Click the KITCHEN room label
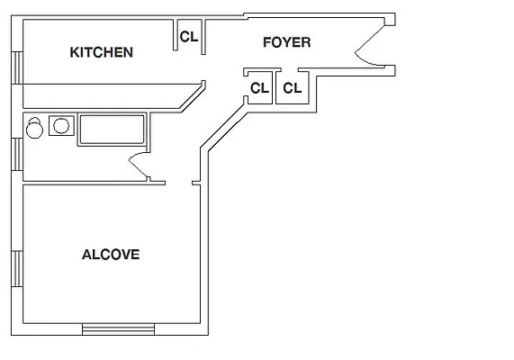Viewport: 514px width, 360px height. (102, 52)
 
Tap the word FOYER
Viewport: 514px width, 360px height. (287, 42)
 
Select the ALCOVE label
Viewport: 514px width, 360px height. (111, 255)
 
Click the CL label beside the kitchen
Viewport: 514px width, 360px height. (189, 37)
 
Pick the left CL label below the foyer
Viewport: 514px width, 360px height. (259, 88)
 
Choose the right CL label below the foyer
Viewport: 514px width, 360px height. (293, 88)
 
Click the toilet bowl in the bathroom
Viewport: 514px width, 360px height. (34, 130)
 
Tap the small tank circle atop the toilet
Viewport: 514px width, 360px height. (34, 121)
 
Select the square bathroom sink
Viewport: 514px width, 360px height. (61, 125)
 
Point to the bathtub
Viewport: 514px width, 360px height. (112, 130)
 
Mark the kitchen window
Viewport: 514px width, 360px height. (17, 67)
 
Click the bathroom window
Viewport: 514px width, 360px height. (17, 154)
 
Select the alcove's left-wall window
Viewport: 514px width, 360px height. (17, 269)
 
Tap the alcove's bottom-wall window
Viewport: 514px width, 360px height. (118, 329)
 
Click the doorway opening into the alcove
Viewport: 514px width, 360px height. (178, 183)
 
